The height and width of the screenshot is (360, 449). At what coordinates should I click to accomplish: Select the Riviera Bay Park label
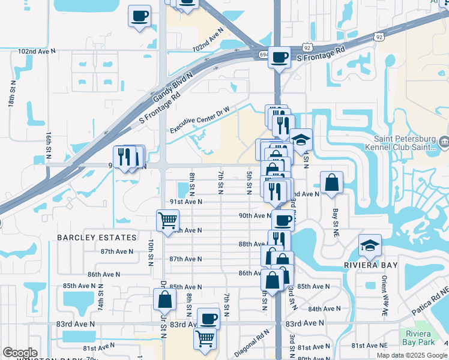click(417, 340)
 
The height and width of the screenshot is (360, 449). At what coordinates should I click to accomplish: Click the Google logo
click(20, 353)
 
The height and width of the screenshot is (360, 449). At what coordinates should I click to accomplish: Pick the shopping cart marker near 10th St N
click(167, 220)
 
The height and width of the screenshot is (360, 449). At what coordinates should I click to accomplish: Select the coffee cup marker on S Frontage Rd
click(279, 58)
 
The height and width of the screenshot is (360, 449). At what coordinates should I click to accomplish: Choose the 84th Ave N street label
click(324, 308)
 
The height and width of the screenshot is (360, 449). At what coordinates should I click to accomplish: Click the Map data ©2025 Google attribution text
click(411, 355)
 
